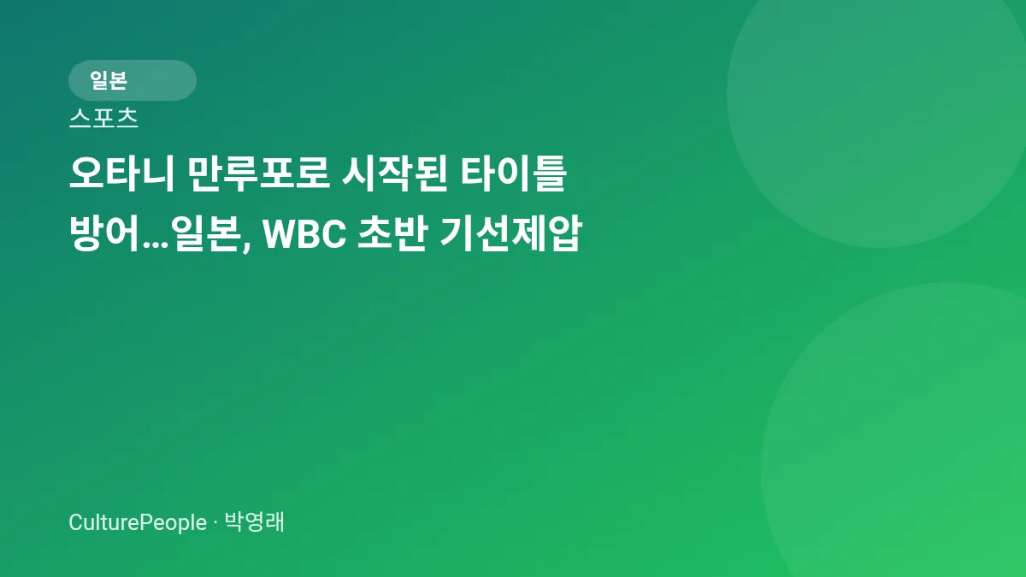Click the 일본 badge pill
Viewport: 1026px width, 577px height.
pos(132,80)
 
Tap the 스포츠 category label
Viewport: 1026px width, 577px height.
pos(103,118)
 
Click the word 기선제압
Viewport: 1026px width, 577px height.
pos(510,233)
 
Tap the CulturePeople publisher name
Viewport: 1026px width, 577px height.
pos(138,522)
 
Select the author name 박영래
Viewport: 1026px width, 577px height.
pos(254,522)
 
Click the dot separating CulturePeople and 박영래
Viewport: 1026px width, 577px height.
pos(215,523)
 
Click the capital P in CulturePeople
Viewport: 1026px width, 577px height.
pos(144,522)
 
